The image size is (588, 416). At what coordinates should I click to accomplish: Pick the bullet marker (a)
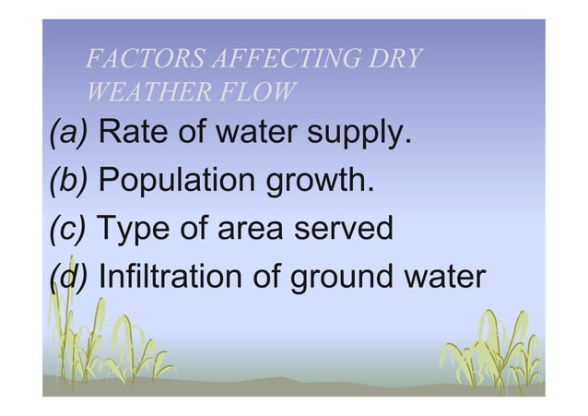pos(69,134)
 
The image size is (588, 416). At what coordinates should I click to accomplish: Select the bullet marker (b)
pos(69,180)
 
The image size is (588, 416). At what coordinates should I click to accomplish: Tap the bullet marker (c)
pos(68,227)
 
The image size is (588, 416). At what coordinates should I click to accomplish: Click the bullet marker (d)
pos(69,274)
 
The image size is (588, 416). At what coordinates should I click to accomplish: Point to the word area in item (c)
pos(248,228)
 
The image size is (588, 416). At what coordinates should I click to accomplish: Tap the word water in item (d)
pos(443,274)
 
